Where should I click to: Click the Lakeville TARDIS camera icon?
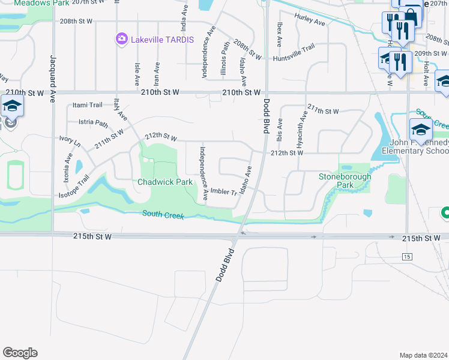tap(122, 39)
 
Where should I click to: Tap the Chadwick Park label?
tap(165, 181)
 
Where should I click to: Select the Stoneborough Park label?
tap(345, 181)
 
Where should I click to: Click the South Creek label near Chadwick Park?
tap(163, 214)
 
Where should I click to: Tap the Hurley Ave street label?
tap(310, 22)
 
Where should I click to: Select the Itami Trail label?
tap(88, 105)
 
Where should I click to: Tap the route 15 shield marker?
tap(408, 257)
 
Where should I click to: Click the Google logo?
tap(20, 353)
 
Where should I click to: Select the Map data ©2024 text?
tap(423, 355)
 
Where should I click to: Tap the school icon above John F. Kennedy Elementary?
tap(421, 130)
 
